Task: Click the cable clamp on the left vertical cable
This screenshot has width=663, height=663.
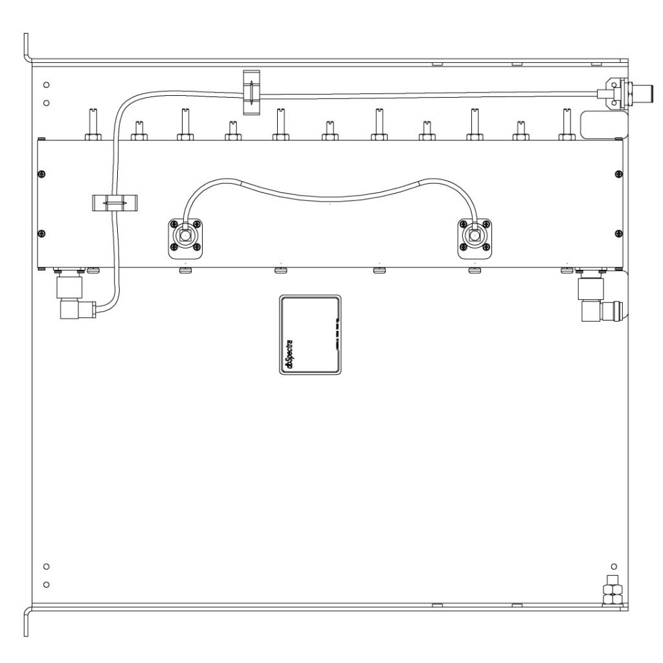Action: coord(113,203)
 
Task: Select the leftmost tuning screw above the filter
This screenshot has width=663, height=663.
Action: coord(91,125)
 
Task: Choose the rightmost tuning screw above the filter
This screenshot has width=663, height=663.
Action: coord(567,125)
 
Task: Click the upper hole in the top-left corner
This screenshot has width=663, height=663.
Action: coord(46,85)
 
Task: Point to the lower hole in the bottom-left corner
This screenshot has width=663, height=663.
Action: coord(46,585)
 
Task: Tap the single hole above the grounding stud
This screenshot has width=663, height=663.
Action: coord(613,567)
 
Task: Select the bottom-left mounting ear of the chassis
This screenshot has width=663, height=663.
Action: coord(27,622)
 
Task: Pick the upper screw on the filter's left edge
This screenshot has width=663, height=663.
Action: coord(42,174)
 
